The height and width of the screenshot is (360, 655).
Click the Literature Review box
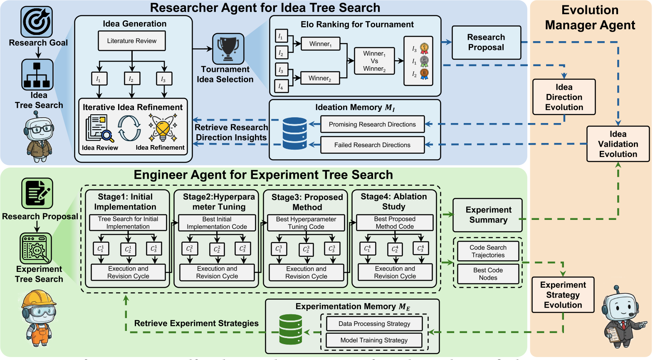132,41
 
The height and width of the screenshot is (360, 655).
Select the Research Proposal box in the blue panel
486,42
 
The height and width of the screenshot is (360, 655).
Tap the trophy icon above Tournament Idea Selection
228,49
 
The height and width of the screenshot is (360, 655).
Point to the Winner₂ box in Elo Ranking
319,78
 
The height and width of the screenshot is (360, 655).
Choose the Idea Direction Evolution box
564,97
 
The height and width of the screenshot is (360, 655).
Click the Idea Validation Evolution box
618,144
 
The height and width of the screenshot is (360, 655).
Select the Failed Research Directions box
372,145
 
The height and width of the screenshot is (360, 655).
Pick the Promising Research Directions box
372,124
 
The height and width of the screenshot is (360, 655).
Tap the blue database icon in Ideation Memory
294,133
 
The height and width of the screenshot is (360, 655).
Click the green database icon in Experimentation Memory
291,329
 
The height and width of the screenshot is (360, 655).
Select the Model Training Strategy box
374,340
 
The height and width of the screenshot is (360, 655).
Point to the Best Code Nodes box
488,274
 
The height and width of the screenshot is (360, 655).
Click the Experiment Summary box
488,215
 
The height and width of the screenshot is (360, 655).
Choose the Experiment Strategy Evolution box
563,295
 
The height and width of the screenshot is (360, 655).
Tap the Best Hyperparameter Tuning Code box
306,223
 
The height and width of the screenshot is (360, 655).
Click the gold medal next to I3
424,48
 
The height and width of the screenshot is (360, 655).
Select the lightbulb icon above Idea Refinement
163,128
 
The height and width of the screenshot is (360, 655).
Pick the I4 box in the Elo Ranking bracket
281,86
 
